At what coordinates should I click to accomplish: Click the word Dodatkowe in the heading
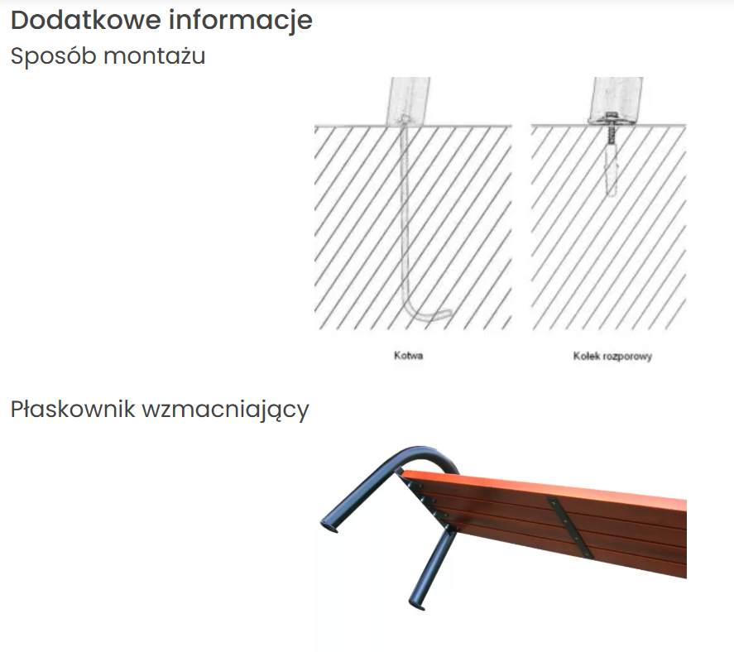coord(86,20)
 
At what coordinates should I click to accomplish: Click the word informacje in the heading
coord(241,21)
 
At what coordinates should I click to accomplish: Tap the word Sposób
coord(53,55)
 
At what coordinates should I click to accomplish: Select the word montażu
coord(155,56)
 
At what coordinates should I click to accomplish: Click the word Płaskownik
coord(73,409)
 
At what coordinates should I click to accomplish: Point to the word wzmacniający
coord(226,410)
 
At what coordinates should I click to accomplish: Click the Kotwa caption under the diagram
coord(409,356)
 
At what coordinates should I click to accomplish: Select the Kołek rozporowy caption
coord(612,356)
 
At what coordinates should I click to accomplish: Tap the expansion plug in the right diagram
coord(612,169)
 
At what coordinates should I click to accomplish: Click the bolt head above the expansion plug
coord(611,117)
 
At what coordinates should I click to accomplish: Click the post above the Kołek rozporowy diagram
coord(616,100)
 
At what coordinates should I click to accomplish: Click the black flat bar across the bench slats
coord(569,528)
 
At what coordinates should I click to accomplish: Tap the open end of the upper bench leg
coord(329,526)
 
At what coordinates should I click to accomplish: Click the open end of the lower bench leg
coord(417,604)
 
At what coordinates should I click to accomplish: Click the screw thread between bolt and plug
coord(610,133)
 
